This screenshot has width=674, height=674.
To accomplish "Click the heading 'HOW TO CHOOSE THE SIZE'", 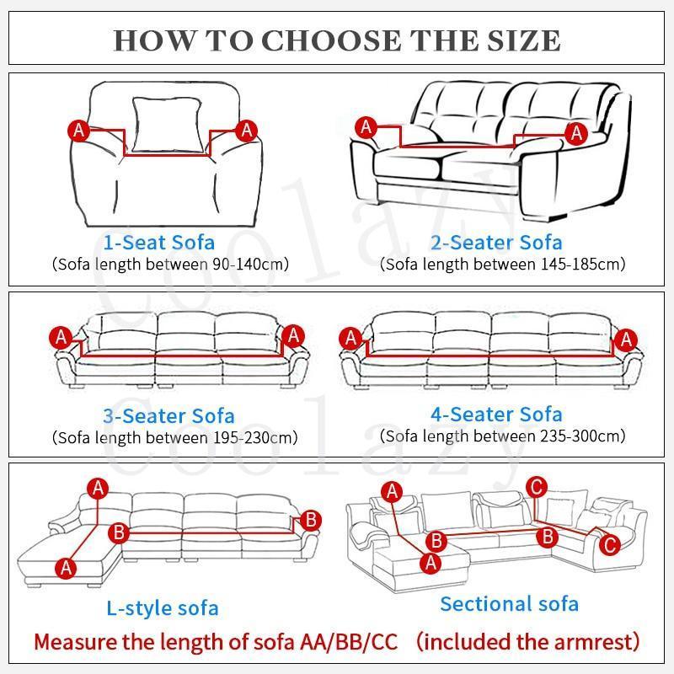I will (x=336, y=39).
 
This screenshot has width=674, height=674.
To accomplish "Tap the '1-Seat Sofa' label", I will (x=159, y=243).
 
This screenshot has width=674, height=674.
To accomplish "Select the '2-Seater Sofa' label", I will (x=496, y=243).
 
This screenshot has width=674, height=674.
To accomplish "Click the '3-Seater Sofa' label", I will (x=168, y=416).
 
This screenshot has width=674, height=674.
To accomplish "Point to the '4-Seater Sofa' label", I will (x=496, y=415).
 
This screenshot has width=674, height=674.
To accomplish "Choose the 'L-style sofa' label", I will (x=163, y=607).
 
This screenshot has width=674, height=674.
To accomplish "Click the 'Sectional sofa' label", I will (x=509, y=603).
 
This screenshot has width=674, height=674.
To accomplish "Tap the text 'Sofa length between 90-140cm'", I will (x=170, y=265).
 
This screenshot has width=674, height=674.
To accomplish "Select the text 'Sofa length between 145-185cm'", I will (x=502, y=265).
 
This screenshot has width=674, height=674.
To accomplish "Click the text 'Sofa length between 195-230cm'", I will (x=174, y=437).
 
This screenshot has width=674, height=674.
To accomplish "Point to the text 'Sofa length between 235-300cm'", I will (x=502, y=436).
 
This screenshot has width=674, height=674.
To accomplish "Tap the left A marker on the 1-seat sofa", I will (x=78, y=130).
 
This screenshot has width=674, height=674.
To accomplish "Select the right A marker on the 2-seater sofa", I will (x=576, y=132).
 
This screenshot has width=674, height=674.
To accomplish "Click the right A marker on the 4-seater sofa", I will (x=624, y=340).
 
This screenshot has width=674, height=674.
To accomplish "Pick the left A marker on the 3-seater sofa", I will (x=62, y=337).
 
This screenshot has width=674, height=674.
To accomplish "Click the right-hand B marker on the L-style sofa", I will (x=309, y=520).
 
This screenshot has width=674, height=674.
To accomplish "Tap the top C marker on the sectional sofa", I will (x=536, y=486).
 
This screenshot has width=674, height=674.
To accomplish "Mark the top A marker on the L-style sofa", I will (x=99, y=488).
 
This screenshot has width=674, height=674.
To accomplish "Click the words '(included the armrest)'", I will (x=528, y=642).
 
